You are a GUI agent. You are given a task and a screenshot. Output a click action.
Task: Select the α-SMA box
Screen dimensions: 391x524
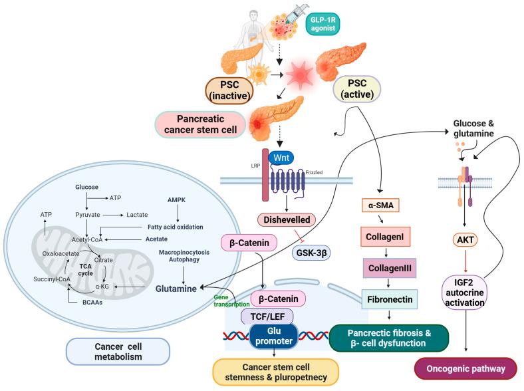click(x=379, y=205)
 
